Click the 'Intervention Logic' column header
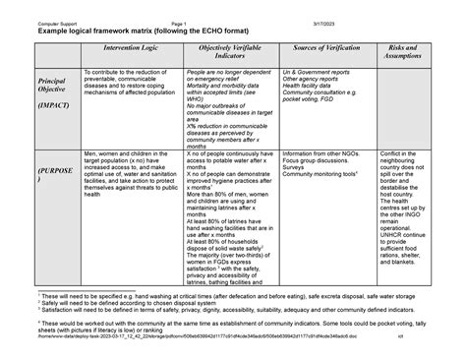(x=130, y=48)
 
